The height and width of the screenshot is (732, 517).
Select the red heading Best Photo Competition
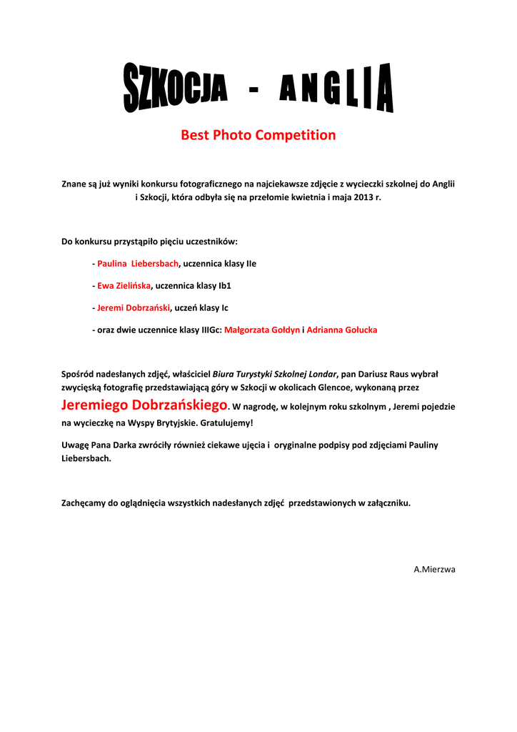(258, 135)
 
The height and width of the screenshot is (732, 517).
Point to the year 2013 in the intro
(362, 197)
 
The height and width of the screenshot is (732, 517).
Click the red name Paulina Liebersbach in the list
(138, 264)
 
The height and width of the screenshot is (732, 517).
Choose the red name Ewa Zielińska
(124, 286)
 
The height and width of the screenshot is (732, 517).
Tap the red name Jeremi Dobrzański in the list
(134, 308)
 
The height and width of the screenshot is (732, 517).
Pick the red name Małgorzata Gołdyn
(262, 330)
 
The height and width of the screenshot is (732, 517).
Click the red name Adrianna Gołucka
(342, 330)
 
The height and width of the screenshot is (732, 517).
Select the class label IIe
(251, 264)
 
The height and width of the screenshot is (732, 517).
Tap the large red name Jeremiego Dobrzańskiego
(144, 405)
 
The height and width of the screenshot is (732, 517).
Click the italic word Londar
(322, 374)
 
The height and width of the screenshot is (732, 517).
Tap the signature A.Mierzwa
(434, 569)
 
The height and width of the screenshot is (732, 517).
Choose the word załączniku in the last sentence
(387, 503)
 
